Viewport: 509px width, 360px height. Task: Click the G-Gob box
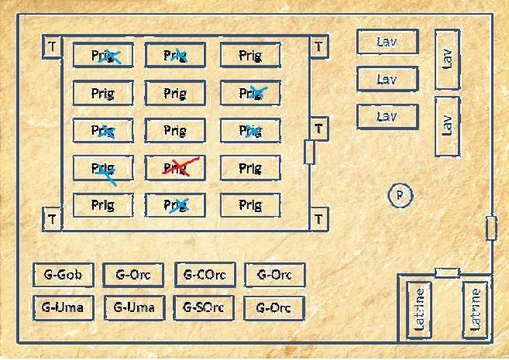64,275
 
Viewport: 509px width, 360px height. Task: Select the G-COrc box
205,274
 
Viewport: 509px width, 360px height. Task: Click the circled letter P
400,195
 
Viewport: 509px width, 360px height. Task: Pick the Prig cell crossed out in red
175,168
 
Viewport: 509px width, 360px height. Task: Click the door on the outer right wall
490,228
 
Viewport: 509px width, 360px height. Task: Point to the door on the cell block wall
309,152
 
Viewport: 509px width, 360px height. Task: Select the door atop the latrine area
446,273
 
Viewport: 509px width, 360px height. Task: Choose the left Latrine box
420,308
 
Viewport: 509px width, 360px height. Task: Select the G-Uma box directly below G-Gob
64,307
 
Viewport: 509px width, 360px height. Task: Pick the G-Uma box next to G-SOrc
134,307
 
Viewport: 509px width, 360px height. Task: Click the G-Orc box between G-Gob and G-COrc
133,274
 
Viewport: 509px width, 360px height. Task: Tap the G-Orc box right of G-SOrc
273,308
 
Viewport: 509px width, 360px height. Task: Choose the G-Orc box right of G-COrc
274,274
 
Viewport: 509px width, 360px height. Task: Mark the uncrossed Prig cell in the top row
249,56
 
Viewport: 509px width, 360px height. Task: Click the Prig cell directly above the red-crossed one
175,131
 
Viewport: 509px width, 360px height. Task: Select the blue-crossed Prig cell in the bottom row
175,205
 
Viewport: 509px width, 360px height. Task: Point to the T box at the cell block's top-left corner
51,46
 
